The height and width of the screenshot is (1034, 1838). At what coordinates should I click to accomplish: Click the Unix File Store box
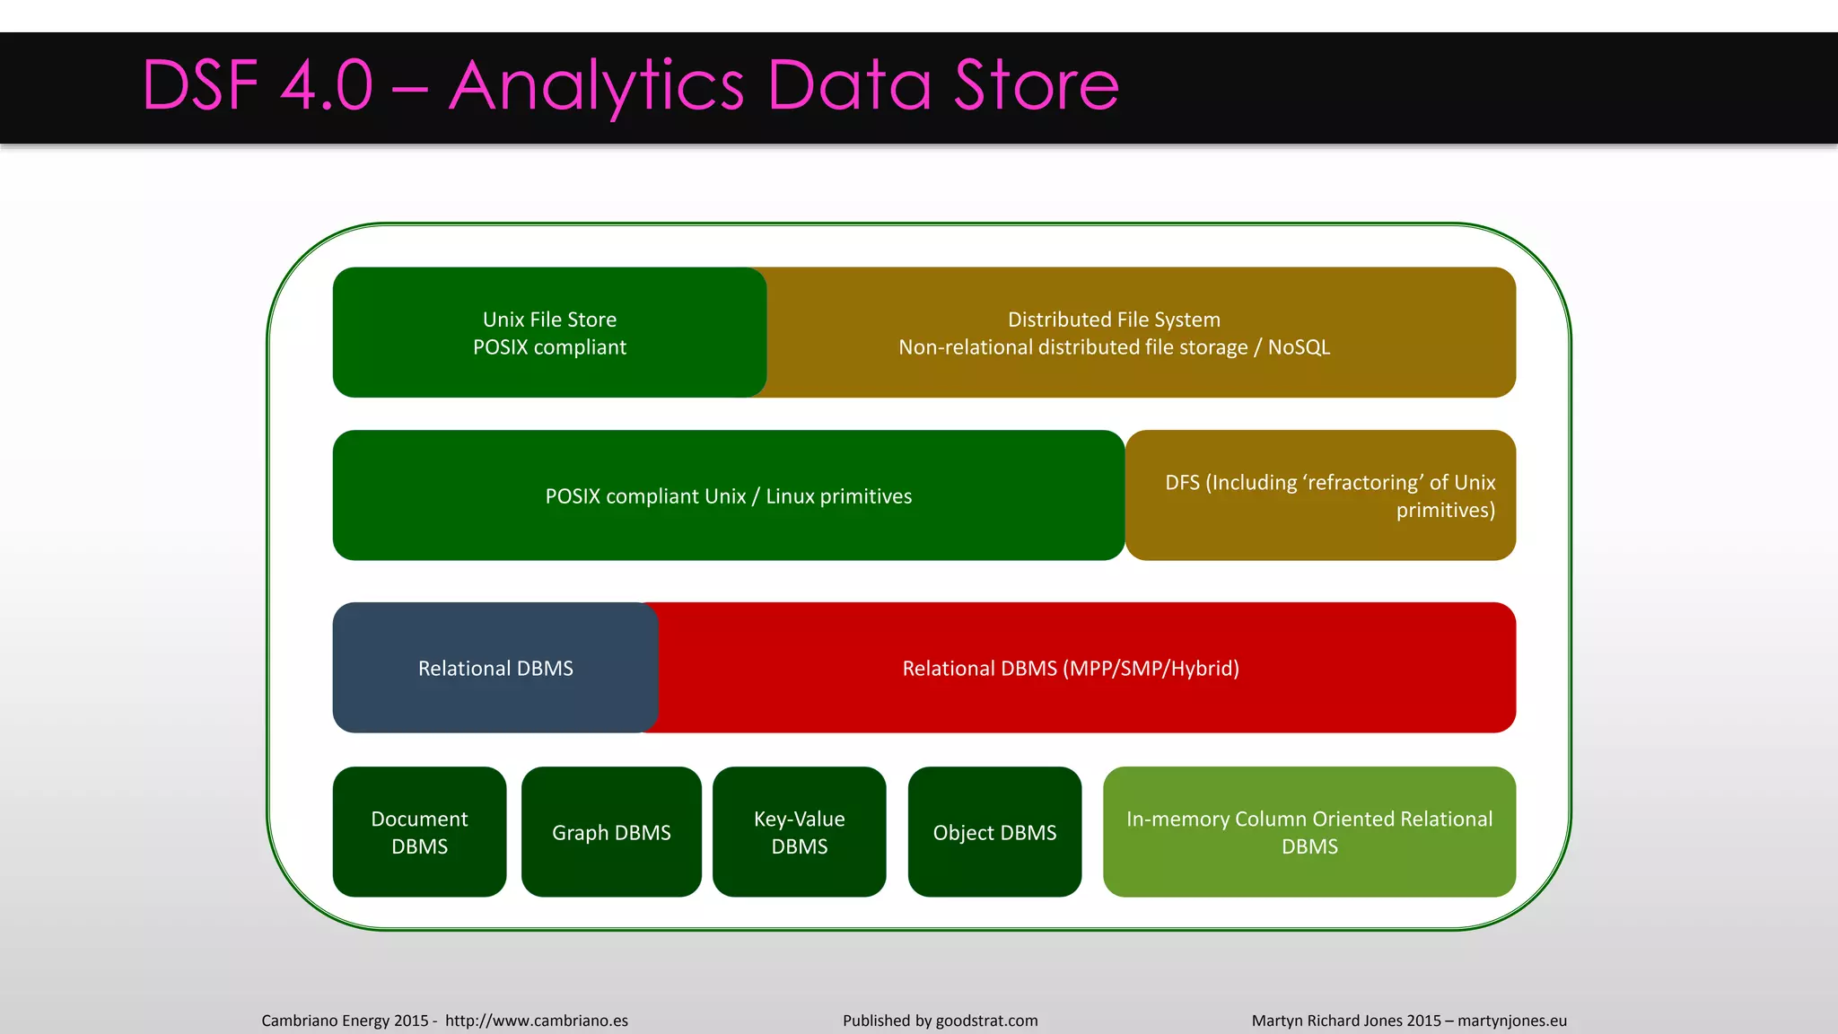(549, 333)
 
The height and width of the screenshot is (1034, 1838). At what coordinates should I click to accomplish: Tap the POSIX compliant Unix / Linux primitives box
(728, 495)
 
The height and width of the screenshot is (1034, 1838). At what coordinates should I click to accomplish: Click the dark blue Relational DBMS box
(495, 668)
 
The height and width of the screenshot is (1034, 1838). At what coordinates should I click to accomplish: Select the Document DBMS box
(419, 832)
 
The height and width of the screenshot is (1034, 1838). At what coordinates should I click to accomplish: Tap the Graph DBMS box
(611, 832)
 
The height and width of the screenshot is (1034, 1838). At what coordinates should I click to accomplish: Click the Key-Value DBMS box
(799, 832)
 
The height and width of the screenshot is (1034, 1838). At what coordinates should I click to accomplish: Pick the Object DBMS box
(994, 832)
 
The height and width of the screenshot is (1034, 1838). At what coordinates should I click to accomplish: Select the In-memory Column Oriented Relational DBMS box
(1309, 832)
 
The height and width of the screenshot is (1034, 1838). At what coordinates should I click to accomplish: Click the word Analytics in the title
(596, 86)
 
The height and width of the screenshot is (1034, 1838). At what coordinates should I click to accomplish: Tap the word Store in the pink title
(1037, 86)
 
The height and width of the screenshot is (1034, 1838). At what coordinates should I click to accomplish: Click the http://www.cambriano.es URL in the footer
(536, 1021)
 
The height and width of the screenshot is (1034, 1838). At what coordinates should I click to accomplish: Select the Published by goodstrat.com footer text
(940, 1021)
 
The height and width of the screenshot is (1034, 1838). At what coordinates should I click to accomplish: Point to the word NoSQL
(1299, 347)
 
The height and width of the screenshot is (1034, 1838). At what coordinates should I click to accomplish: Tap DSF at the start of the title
(200, 86)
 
